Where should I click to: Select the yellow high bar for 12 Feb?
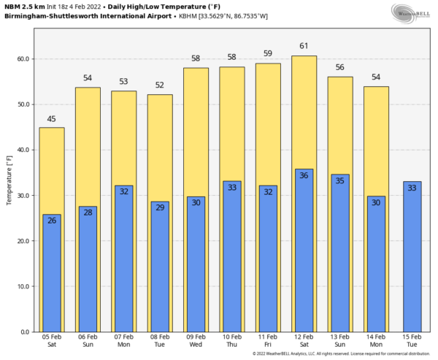[304, 110]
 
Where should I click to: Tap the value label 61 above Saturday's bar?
[304, 46]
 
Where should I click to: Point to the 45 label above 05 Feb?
[51, 119]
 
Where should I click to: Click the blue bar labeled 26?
[51, 274]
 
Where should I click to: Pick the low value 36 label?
[304, 175]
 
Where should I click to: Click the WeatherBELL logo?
[410, 12]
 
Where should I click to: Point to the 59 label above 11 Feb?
[268, 53]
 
